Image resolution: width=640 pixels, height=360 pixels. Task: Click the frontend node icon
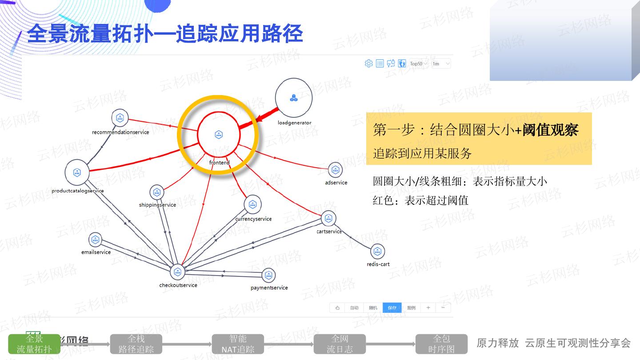pyautogui.click(x=219, y=135)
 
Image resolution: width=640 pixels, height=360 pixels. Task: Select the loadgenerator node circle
pyautogui.click(x=293, y=98)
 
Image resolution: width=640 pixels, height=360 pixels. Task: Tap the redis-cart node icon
pyautogui.click(x=377, y=252)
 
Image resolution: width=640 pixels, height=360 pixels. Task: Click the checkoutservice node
pyautogui.click(x=177, y=272)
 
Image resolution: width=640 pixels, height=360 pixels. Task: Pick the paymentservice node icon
pyautogui.click(x=268, y=276)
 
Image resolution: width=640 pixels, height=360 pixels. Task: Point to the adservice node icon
pyautogui.click(x=335, y=169)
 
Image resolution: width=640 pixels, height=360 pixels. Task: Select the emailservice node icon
pyautogui.click(x=95, y=240)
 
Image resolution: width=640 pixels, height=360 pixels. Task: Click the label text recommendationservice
pyautogui.click(x=120, y=132)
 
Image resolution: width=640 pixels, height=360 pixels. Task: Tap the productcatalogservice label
pyautogui.click(x=78, y=191)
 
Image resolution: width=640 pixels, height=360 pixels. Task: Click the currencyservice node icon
pyautogui.click(x=252, y=204)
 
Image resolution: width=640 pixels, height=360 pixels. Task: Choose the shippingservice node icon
pyautogui.click(x=156, y=192)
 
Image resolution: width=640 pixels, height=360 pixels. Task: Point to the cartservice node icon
pyautogui.click(x=328, y=218)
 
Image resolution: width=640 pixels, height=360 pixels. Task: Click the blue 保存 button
pyautogui.click(x=392, y=308)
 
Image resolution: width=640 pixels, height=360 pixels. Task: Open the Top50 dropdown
pyautogui.click(x=419, y=64)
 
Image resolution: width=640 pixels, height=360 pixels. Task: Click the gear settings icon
pyautogui.click(x=368, y=64)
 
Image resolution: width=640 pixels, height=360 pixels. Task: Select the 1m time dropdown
pyautogui.click(x=441, y=64)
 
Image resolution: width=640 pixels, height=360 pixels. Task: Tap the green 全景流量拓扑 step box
pyautogui.click(x=34, y=344)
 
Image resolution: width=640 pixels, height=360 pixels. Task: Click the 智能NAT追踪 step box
pyautogui.click(x=238, y=344)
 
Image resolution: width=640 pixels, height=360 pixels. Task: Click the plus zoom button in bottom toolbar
pyautogui.click(x=428, y=308)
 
